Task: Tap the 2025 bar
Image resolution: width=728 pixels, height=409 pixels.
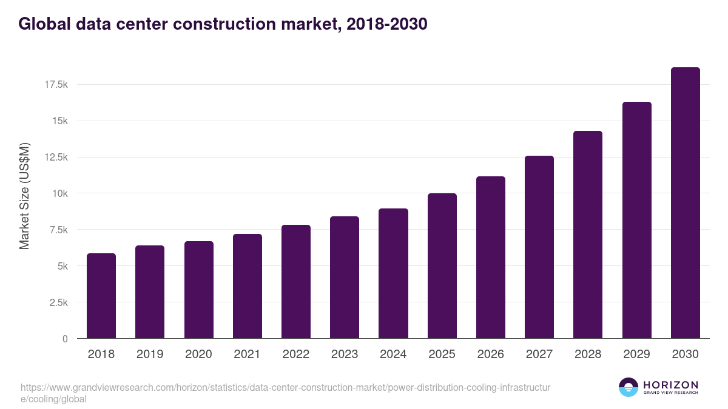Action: (442, 266)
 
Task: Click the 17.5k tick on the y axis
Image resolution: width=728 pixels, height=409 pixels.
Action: (56, 85)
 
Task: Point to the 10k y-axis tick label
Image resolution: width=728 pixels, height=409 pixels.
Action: (59, 194)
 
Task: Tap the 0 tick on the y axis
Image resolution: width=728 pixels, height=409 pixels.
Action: (65, 339)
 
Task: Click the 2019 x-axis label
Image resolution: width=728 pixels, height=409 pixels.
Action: (150, 354)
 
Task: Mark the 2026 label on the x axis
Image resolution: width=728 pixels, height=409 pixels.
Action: (490, 354)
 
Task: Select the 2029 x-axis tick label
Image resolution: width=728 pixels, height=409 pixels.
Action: (636, 354)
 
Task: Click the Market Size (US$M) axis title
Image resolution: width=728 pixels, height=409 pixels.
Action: (24, 196)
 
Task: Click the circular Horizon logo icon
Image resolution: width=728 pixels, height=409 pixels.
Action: (629, 387)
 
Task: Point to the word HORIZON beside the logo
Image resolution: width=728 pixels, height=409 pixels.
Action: (670, 385)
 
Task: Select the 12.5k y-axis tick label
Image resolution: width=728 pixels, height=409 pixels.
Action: (56, 158)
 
